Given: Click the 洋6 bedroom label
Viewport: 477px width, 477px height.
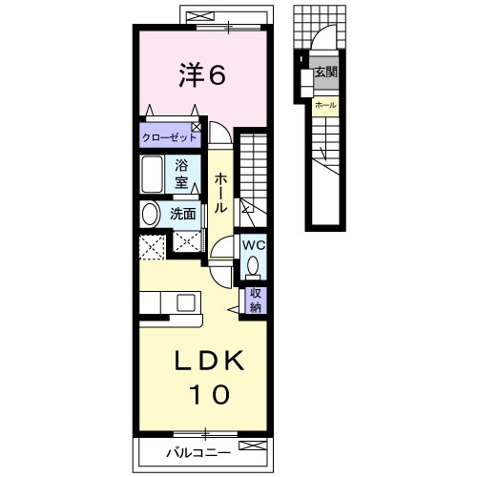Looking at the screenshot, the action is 202,75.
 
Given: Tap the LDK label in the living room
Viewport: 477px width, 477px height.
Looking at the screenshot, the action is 210,361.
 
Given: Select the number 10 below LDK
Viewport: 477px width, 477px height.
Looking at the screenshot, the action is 210,394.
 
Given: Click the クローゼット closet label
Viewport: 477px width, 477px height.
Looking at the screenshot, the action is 170,137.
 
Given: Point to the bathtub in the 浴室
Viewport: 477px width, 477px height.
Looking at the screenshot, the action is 152,175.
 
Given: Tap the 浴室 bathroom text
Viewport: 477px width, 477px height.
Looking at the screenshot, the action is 181,175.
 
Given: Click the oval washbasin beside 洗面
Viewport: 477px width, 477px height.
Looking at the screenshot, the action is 150,215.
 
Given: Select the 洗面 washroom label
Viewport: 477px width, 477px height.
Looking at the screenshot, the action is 183,215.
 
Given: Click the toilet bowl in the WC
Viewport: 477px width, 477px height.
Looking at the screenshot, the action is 253,266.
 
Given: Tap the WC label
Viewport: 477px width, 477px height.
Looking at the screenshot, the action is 254,245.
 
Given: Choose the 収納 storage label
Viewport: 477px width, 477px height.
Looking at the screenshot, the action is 256,301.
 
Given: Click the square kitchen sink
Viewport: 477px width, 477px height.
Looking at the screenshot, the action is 186,302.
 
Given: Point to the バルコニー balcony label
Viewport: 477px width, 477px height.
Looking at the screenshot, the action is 198,453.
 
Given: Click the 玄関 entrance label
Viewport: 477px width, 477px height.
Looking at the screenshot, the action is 325,73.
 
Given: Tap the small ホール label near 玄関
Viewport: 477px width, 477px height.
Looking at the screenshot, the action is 325,105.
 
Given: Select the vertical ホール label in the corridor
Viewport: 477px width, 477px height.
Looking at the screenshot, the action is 220,193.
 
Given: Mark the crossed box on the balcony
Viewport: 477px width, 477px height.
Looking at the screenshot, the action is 253,446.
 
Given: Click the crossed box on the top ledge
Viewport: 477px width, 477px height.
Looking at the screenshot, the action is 199,16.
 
